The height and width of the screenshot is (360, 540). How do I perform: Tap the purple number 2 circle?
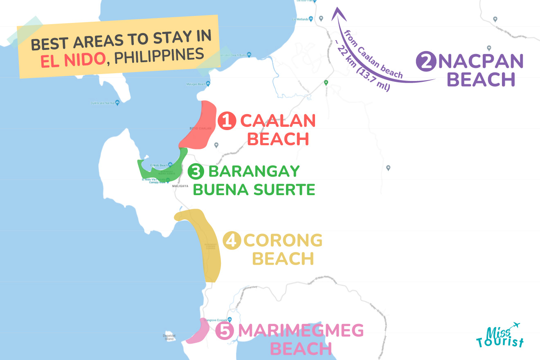(x=425, y=62)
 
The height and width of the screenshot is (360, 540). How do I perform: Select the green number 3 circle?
(x=196, y=172)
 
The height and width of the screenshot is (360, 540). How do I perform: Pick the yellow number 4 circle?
(x=232, y=241)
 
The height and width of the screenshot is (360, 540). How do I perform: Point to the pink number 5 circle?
(x=225, y=331)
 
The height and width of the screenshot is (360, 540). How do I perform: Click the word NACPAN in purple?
(x=481, y=62)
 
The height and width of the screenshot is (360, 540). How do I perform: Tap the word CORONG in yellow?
(x=283, y=241)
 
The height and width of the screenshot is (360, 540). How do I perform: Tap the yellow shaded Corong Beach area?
(x=207, y=245)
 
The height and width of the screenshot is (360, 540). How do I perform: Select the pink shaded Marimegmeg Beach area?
(x=198, y=332)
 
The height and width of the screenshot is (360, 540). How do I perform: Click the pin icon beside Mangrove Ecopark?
(x=229, y=319)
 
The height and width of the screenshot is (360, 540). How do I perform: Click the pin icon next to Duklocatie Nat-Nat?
(x=117, y=103)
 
